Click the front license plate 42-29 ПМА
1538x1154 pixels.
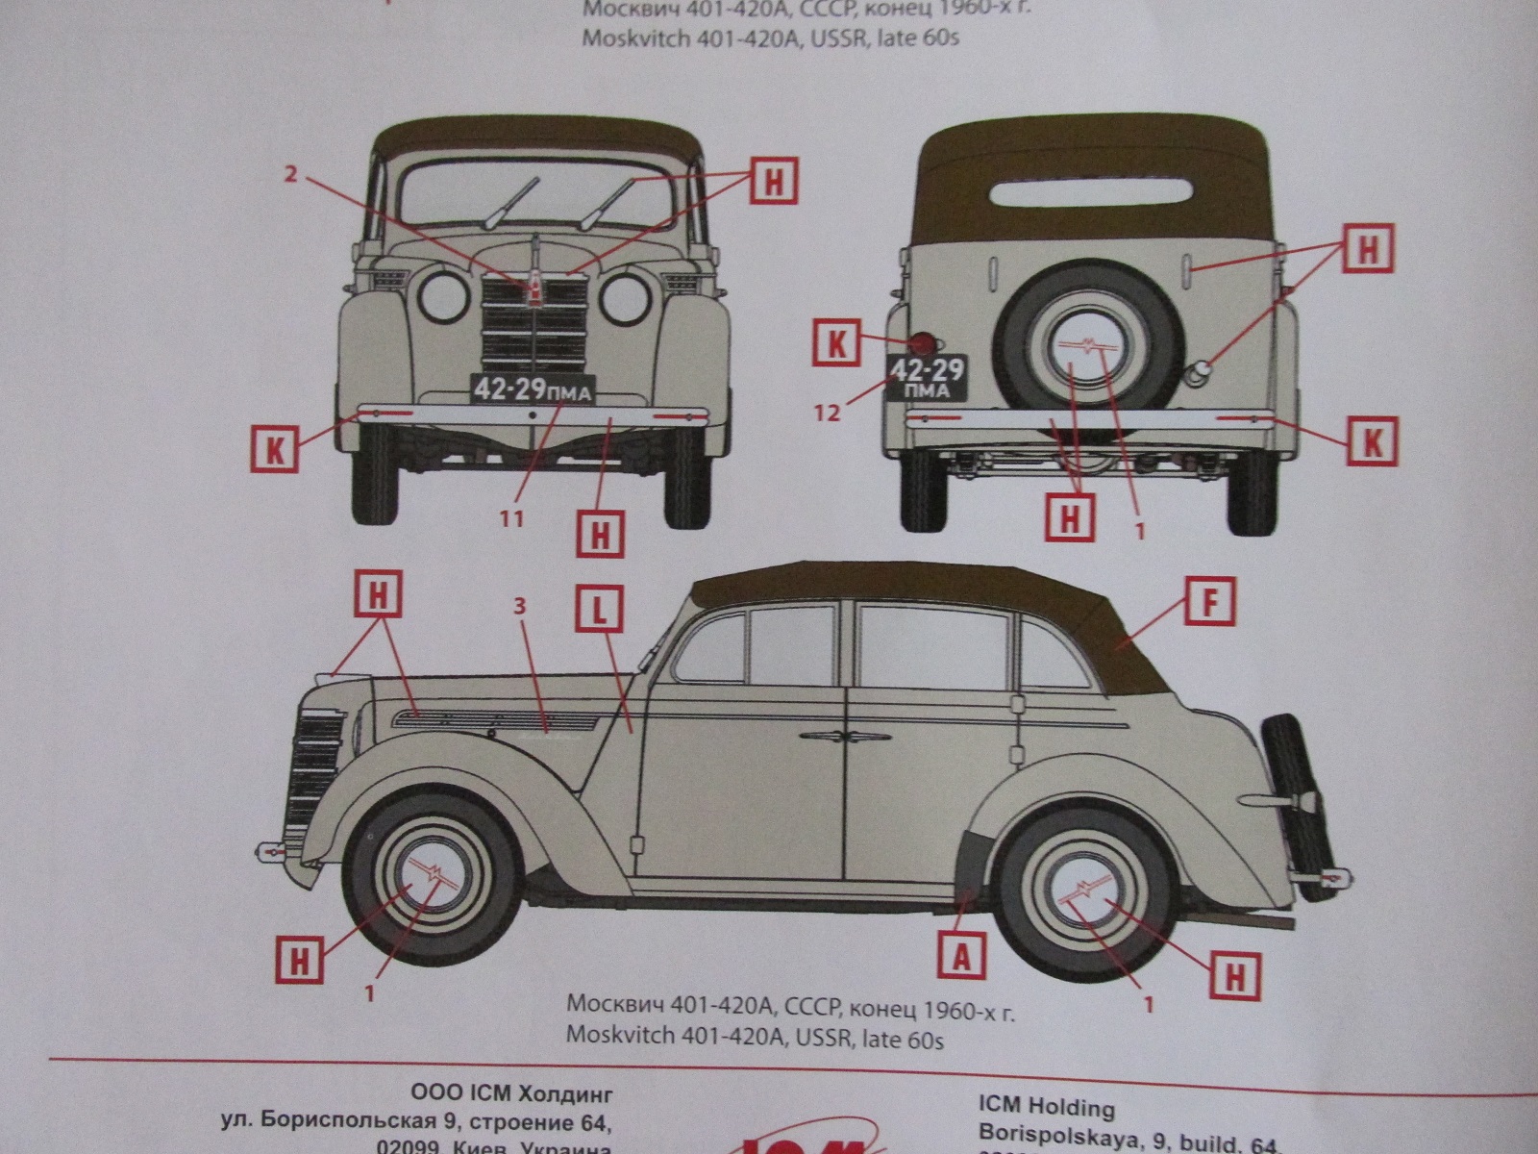[532, 389]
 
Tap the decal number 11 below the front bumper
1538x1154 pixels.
[510, 518]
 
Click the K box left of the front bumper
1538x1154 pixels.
[276, 449]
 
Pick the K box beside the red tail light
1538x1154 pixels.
[836, 344]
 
